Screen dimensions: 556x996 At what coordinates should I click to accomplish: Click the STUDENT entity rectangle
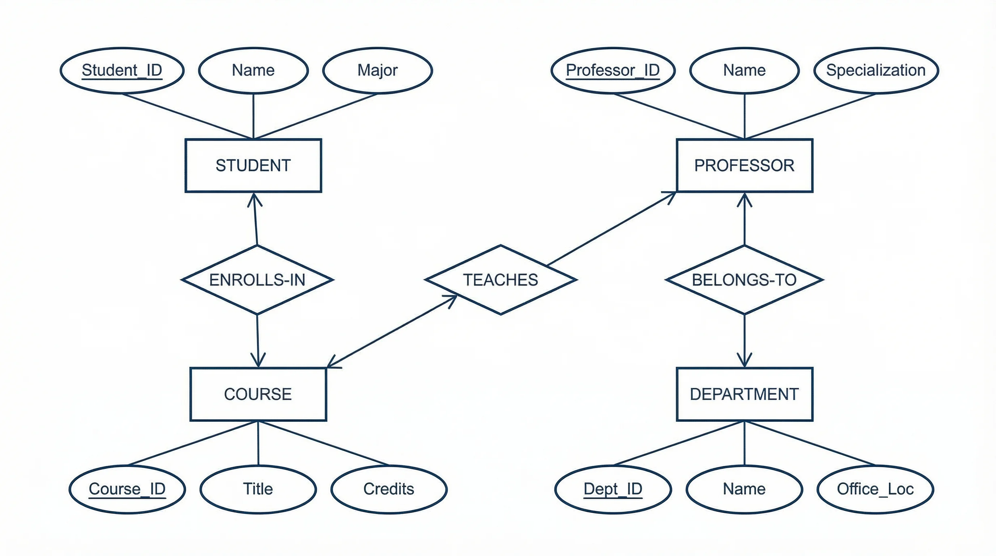(253, 165)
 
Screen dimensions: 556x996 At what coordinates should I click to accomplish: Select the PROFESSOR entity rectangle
(744, 165)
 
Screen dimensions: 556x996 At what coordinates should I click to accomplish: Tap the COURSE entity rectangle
(258, 394)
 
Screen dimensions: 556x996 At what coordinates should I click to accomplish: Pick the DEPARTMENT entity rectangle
(744, 394)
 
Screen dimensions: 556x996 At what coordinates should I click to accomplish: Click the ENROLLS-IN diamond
(257, 279)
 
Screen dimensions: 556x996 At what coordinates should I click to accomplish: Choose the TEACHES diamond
(501, 279)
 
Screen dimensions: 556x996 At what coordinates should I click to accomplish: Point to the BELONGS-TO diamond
(744, 279)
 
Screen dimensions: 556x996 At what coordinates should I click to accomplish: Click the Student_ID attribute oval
(122, 70)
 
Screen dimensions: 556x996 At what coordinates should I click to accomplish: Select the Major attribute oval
(377, 70)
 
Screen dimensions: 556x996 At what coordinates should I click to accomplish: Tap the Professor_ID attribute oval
(613, 70)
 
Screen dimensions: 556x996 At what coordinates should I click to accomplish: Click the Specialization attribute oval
(876, 70)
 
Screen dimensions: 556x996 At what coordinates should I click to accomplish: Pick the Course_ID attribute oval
(127, 489)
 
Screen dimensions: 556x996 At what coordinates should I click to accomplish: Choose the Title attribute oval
(258, 489)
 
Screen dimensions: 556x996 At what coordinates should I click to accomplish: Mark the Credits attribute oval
(389, 489)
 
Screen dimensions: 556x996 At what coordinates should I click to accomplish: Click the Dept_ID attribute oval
(613, 489)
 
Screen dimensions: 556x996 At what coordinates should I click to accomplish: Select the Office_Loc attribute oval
(875, 489)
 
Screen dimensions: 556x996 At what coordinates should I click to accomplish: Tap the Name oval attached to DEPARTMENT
(744, 489)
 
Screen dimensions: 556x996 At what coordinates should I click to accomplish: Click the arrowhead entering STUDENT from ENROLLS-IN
(254, 199)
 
